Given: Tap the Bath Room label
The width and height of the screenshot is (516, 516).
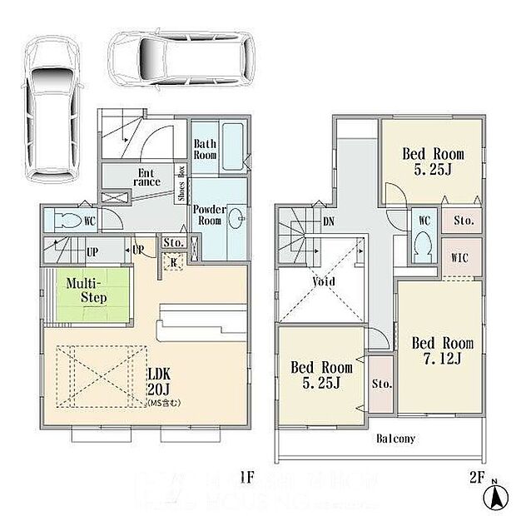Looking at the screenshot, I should tap(205, 150).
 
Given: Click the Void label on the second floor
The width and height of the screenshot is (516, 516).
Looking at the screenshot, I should tap(324, 281).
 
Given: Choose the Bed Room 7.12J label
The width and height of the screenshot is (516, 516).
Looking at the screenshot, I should tap(442, 350).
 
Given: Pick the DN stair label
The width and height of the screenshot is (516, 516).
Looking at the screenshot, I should tap(329, 222).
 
